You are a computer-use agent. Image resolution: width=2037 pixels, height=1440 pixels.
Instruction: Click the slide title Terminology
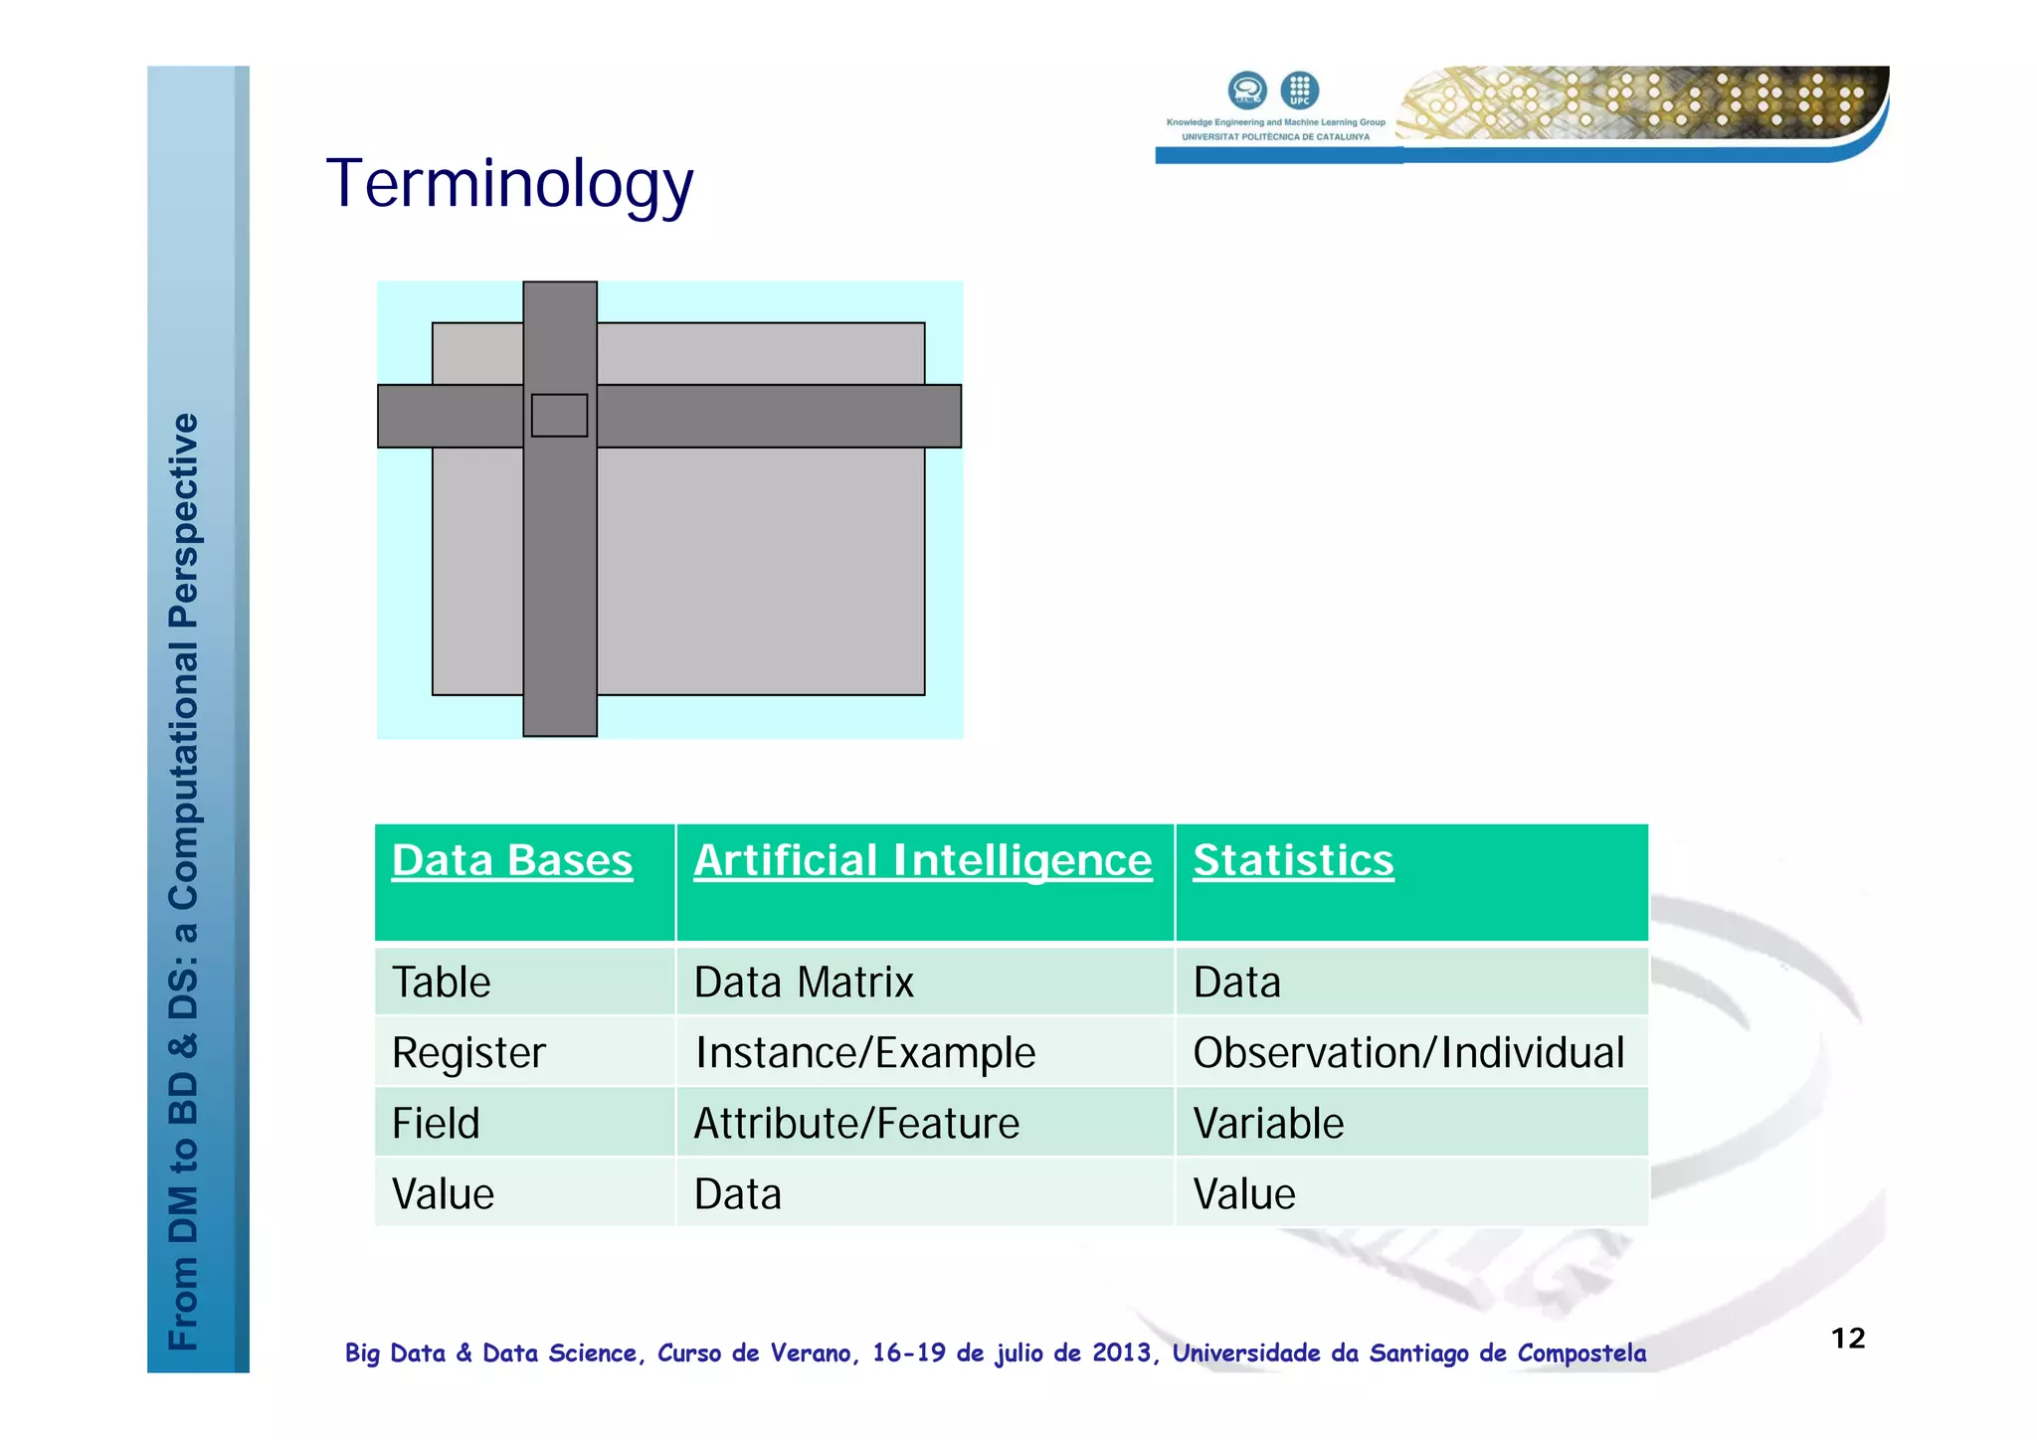click(x=509, y=185)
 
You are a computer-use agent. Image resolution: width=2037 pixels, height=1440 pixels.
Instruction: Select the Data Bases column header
click(x=512, y=860)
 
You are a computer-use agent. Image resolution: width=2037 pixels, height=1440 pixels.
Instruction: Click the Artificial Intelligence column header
click(x=922, y=860)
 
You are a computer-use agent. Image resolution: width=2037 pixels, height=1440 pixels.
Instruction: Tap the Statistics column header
click(x=1293, y=860)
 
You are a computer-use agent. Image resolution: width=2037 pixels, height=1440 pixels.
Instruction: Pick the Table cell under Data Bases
click(x=442, y=983)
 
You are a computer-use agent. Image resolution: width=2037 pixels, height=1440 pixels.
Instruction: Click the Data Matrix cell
click(x=804, y=983)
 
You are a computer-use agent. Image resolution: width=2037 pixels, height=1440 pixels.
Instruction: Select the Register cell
click(x=468, y=1053)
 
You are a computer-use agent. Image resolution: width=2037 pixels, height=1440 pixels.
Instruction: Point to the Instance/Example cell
click(x=865, y=1053)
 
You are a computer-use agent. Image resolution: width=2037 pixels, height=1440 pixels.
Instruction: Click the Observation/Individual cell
click(x=1408, y=1053)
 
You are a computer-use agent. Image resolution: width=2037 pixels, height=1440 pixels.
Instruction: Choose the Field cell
click(x=436, y=1124)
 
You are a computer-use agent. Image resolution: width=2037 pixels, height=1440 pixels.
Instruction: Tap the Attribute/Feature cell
click(x=856, y=1124)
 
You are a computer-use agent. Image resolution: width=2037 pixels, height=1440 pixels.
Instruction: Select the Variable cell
click(x=1268, y=1124)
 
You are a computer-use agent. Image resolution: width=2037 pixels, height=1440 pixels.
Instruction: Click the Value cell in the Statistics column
click(x=1244, y=1194)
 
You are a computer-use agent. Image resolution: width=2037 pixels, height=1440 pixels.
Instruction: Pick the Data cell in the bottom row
click(x=738, y=1194)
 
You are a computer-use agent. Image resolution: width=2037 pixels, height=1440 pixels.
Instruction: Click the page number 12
click(x=1848, y=1339)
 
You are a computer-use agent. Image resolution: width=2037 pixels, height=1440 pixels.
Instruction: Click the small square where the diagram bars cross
click(x=559, y=416)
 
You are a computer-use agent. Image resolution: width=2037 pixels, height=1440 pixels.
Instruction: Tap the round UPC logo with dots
click(x=1299, y=90)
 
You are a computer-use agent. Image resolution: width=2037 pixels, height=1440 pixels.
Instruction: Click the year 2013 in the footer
click(x=1121, y=1353)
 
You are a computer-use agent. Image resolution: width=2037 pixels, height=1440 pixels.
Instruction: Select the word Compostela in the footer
click(x=1581, y=1353)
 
